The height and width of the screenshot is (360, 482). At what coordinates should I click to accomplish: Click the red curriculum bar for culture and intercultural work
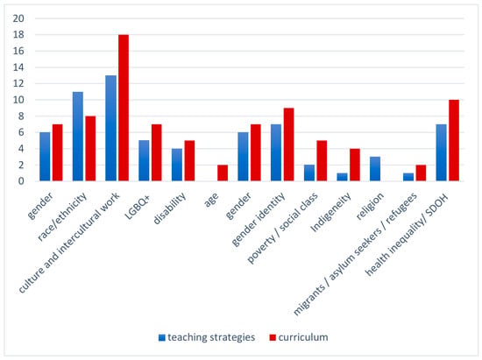pyautogui.click(x=124, y=108)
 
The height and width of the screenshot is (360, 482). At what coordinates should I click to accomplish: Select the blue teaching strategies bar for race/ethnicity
pyautogui.click(x=78, y=137)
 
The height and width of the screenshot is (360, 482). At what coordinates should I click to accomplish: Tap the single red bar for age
pyautogui.click(x=223, y=173)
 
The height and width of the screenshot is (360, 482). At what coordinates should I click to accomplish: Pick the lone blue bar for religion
pyautogui.click(x=375, y=169)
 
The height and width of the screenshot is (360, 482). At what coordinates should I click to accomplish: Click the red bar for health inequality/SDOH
pyautogui.click(x=454, y=140)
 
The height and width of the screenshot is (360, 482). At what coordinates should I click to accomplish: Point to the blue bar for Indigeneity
pyautogui.click(x=342, y=177)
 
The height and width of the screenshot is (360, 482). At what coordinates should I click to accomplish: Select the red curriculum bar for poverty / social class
pyautogui.click(x=322, y=160)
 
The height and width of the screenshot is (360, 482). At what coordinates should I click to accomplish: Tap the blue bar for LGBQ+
pyautogui.click(x=144, y=160)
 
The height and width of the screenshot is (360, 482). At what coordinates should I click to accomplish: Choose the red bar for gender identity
pyautogui.click(x=288, y=145)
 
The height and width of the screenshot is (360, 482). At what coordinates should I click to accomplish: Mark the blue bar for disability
pyautogui.click(x=177, y=165)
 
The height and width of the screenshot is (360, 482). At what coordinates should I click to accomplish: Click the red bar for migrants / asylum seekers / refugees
pyautogui.click(x=421, y=173)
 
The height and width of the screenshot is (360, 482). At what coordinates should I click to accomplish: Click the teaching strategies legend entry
pyautogui.click(x=207, y=337)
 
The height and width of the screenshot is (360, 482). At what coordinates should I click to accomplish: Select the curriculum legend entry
pyautogui.click(x=299, y=337)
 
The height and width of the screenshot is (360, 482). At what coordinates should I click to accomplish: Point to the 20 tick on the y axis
pyautogui.click(x=18, y=18)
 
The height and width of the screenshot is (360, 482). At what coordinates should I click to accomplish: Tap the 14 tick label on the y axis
pyautogui.click(x=18, y=67)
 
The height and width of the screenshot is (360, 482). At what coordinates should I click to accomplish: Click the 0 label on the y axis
pyautogui.click(x=21, y=181)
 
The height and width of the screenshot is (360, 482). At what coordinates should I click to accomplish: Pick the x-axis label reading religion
pyautogui.click(x=370, y=206)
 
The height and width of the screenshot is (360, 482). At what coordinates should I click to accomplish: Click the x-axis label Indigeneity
pyautogui.click(x=330, y=212)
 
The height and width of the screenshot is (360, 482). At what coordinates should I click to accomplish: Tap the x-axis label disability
pyautogui.click(x=169, y=208)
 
